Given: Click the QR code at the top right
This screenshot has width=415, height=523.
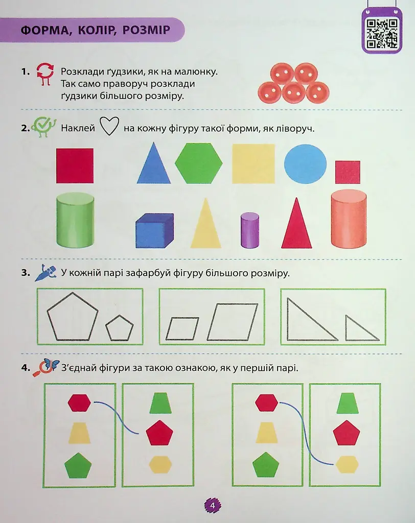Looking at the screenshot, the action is [x=382, y=33].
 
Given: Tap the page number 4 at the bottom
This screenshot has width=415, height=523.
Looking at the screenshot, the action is [x=213, y=506].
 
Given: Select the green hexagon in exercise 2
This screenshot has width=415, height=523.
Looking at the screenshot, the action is [x=199, y=163].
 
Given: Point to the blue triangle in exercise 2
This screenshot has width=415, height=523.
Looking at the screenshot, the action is [x=153, y=163].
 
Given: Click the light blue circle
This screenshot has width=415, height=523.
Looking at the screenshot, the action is [x=305, y=164].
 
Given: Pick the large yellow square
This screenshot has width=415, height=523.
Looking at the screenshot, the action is [x=253, y=163].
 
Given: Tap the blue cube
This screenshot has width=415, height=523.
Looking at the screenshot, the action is [x=154, y=230].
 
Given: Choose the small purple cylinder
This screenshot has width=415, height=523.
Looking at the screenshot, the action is [x=250, y=230].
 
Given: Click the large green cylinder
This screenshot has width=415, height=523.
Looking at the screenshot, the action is [x=75, y=220].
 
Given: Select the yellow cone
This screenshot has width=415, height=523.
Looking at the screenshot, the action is [x=205, y=224].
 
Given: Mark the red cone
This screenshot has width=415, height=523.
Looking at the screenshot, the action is [x=296, y=224].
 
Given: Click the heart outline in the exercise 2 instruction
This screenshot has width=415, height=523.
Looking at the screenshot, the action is [x=109, y=127].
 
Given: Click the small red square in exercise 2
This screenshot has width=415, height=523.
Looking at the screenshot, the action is [x=348, y=172].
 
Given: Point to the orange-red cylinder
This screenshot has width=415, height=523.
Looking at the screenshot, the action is [x=349, y=219].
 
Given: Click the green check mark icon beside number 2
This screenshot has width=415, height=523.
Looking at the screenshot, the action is [x=43, y=127].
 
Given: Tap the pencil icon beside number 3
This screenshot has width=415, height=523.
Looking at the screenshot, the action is [x=45, y=273].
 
